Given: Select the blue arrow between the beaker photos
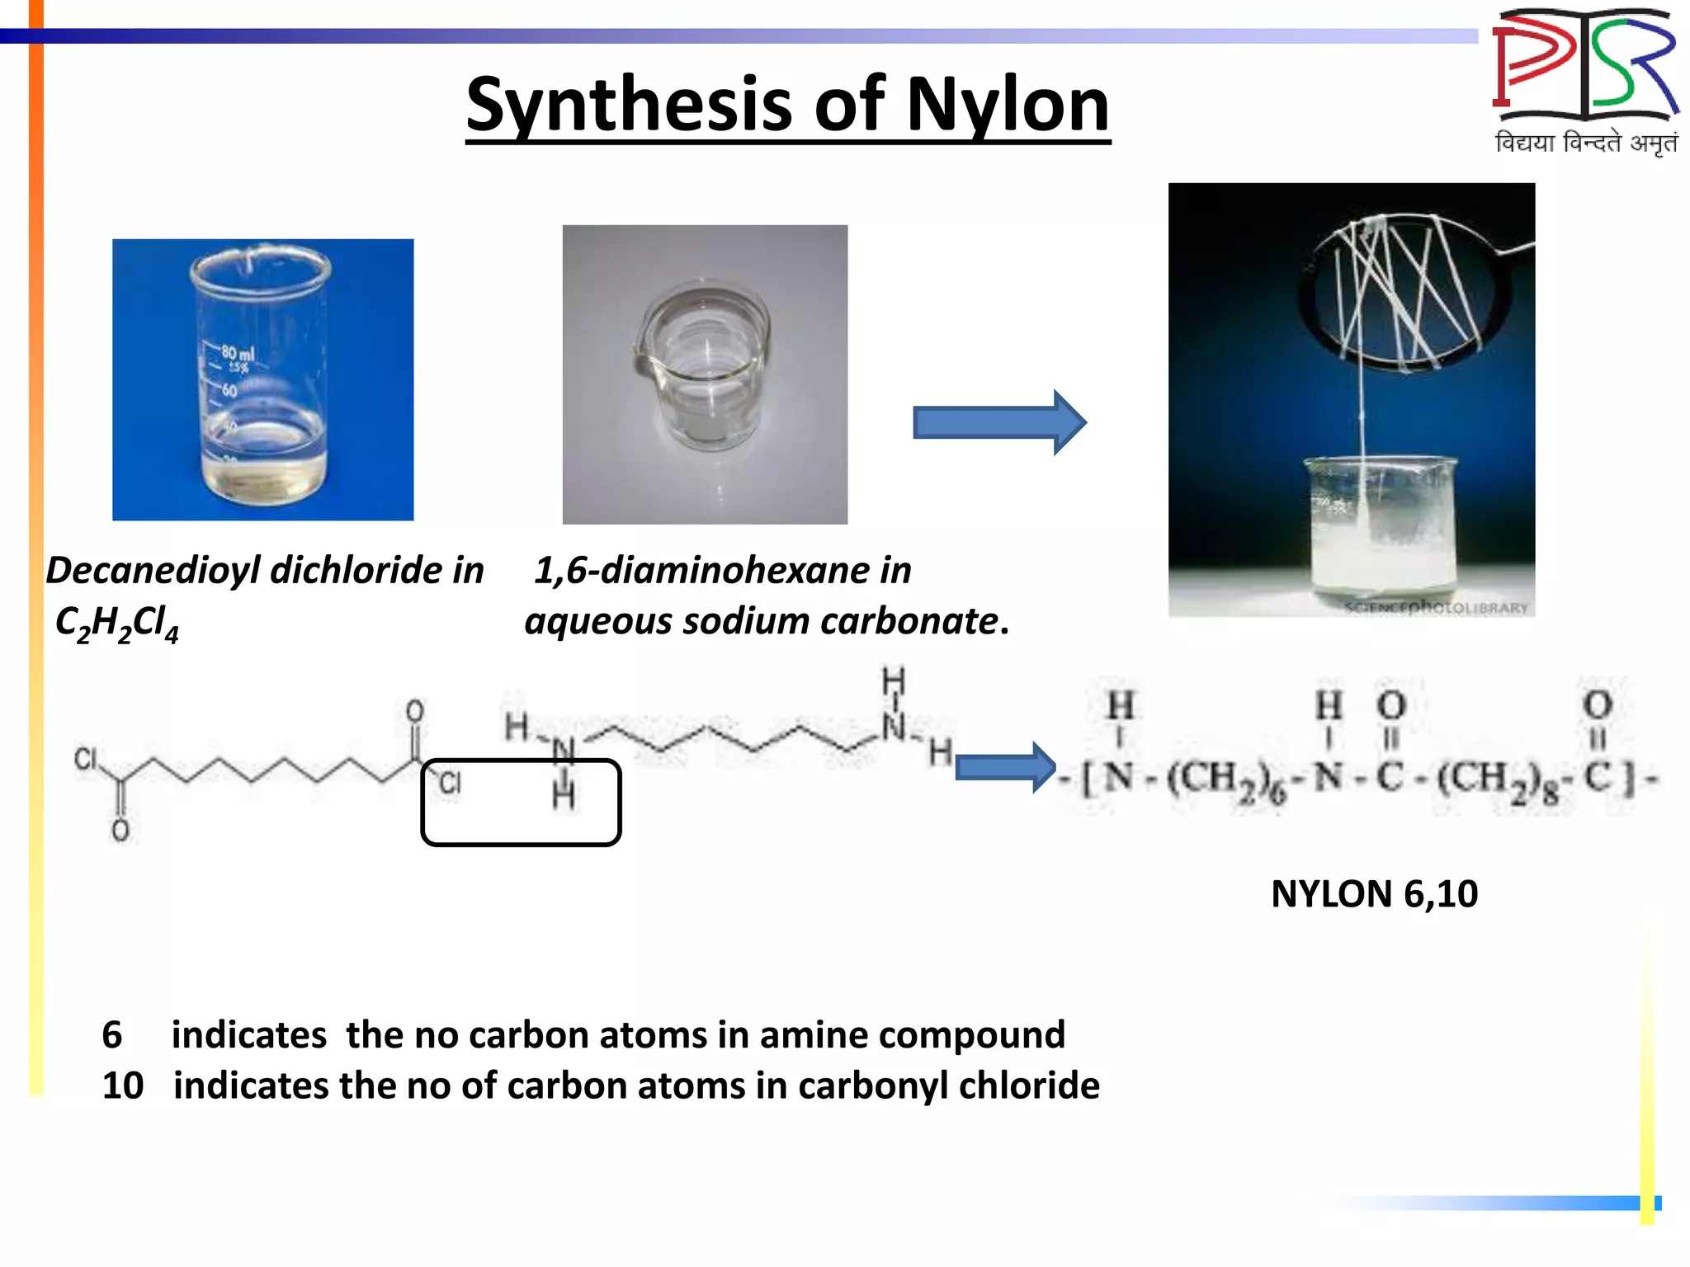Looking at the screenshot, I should tap(998, 422).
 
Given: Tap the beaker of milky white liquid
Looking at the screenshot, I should tap(1378, 528).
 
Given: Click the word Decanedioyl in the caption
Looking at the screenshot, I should tap(153, 570).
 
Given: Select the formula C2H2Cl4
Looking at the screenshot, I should tap(116, 623).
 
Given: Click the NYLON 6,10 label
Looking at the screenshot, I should tap(1374, 894).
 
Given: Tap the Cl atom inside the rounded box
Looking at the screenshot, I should tap(450, 782).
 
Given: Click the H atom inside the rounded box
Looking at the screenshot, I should tap(564, 796).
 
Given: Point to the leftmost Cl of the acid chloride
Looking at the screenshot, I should tap(86, 759).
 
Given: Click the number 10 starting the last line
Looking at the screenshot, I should tap(123, 1086).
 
